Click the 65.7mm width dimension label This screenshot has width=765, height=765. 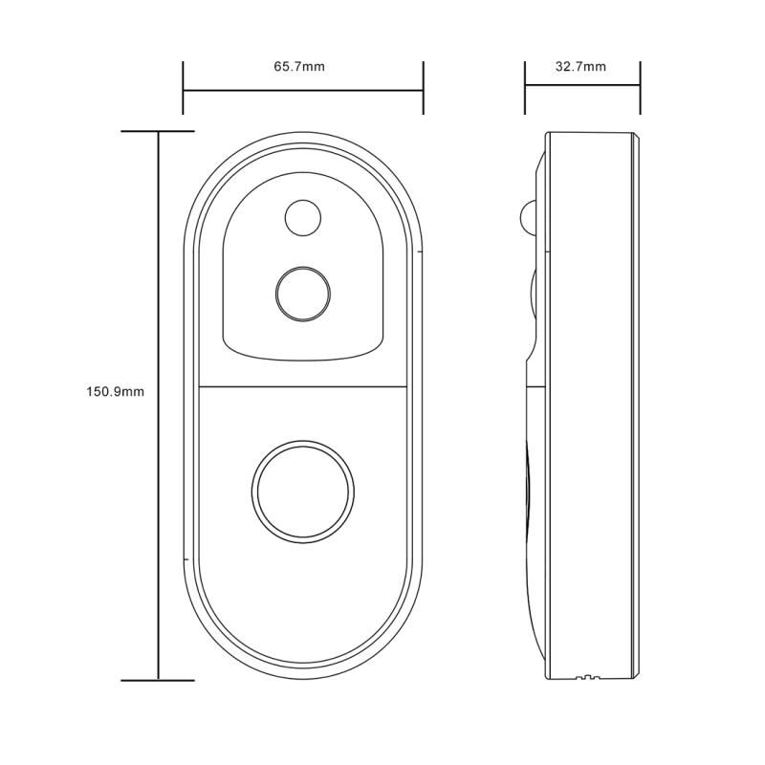(x=299, y=66)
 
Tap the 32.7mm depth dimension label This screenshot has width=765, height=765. (x=580, y=66)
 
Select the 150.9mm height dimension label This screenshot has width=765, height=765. (x=115, y=391)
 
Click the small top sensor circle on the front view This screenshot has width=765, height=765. (x=303, y=218)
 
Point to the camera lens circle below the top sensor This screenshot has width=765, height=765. (x=303, y=294)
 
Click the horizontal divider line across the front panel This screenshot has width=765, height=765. (x=302, y=387)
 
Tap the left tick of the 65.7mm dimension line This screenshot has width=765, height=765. (x=183, y=88)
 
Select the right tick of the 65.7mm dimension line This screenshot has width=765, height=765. (x=423, y=88)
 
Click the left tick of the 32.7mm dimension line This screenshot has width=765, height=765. (x=525, y=88)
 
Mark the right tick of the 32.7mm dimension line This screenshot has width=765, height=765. (x=640, y=88)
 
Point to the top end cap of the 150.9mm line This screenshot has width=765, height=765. (x=158, y=131)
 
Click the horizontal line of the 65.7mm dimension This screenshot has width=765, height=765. (x=303, y=90)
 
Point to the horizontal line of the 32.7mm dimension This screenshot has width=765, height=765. (x=582, y=85)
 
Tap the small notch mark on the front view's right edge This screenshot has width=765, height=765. (x=420, y=251)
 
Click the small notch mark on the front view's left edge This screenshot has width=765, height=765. (x=186, y=558)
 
